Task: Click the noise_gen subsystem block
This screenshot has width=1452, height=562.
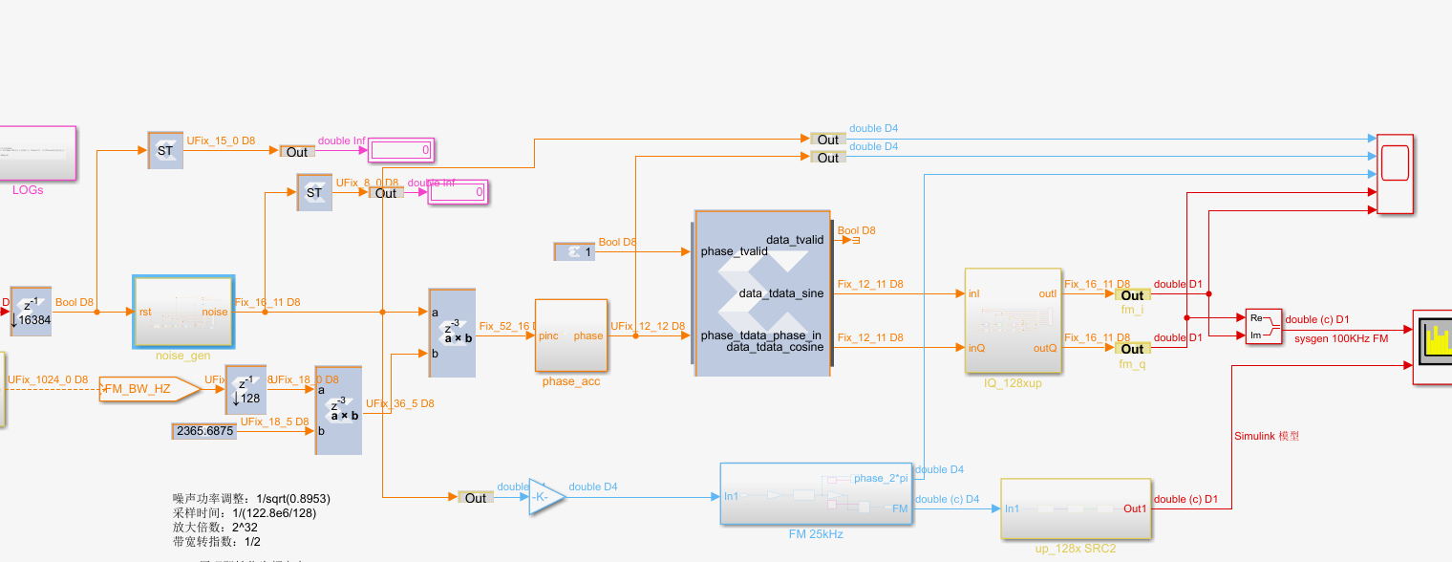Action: [x=182, y=312]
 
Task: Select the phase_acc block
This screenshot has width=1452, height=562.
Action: [x=570, y=335]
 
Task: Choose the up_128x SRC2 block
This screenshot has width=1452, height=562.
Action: [x=1076, y=508]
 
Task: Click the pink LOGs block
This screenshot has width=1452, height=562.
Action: [x=37, y=153]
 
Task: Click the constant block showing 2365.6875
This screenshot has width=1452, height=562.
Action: [x=204, y=431]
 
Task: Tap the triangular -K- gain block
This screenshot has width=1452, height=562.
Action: [x=545, y=497]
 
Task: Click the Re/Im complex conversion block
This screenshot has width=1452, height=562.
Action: [x=1263, y=326]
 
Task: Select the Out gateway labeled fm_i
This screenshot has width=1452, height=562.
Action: [x=1132, y=295]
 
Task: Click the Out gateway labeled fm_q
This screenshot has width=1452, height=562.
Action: [x=1132, y=349]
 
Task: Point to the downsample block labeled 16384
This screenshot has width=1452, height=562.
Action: [x=30, y=312]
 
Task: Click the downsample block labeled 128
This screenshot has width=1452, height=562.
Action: [x=246, y=389]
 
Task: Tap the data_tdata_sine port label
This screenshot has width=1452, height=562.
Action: [x=780, y=293]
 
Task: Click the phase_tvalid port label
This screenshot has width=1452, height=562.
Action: [x=734, y=251]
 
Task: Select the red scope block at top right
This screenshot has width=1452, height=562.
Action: [x=1395, y=173]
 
